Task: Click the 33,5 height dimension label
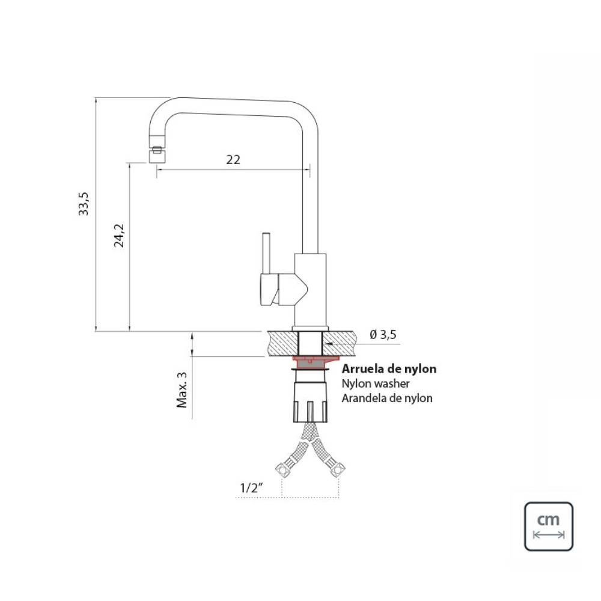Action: (84, 203)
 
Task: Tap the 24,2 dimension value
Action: (119, 236)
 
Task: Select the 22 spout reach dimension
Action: (233, 159)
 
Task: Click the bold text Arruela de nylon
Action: (389, 369)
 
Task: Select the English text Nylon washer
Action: (376, 383)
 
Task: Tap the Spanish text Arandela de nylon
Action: (386, 398)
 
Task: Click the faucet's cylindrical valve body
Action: (310, 288)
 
